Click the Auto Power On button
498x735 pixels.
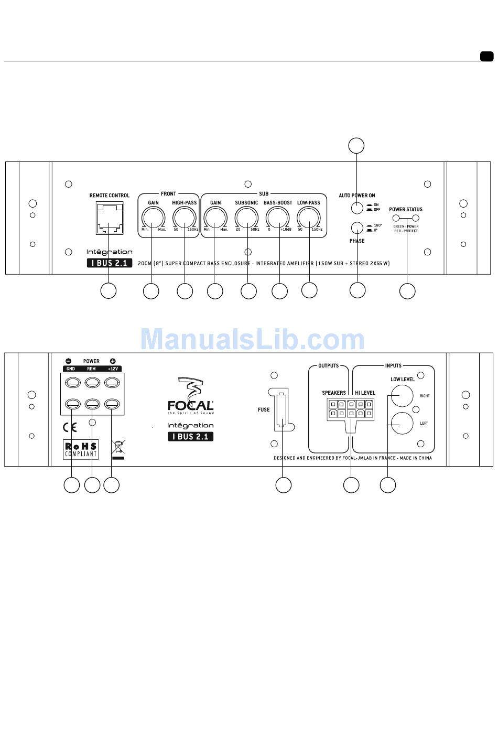(x=357, y=208)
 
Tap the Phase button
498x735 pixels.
(x=357, y=228)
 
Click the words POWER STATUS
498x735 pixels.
(x=405, y=209)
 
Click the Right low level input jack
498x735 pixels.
(x=402, y=395)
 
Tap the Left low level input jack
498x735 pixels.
(x=402, y=423)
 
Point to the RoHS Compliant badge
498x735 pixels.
(x=81, y=449)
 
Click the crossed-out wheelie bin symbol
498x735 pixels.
(x=119, y=449)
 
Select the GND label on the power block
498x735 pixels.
(x=70, y=369)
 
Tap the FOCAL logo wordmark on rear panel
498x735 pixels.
(x=190, y=405)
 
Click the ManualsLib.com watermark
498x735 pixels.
(x=252, y=340)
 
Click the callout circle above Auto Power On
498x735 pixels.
(x=356, y=146)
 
